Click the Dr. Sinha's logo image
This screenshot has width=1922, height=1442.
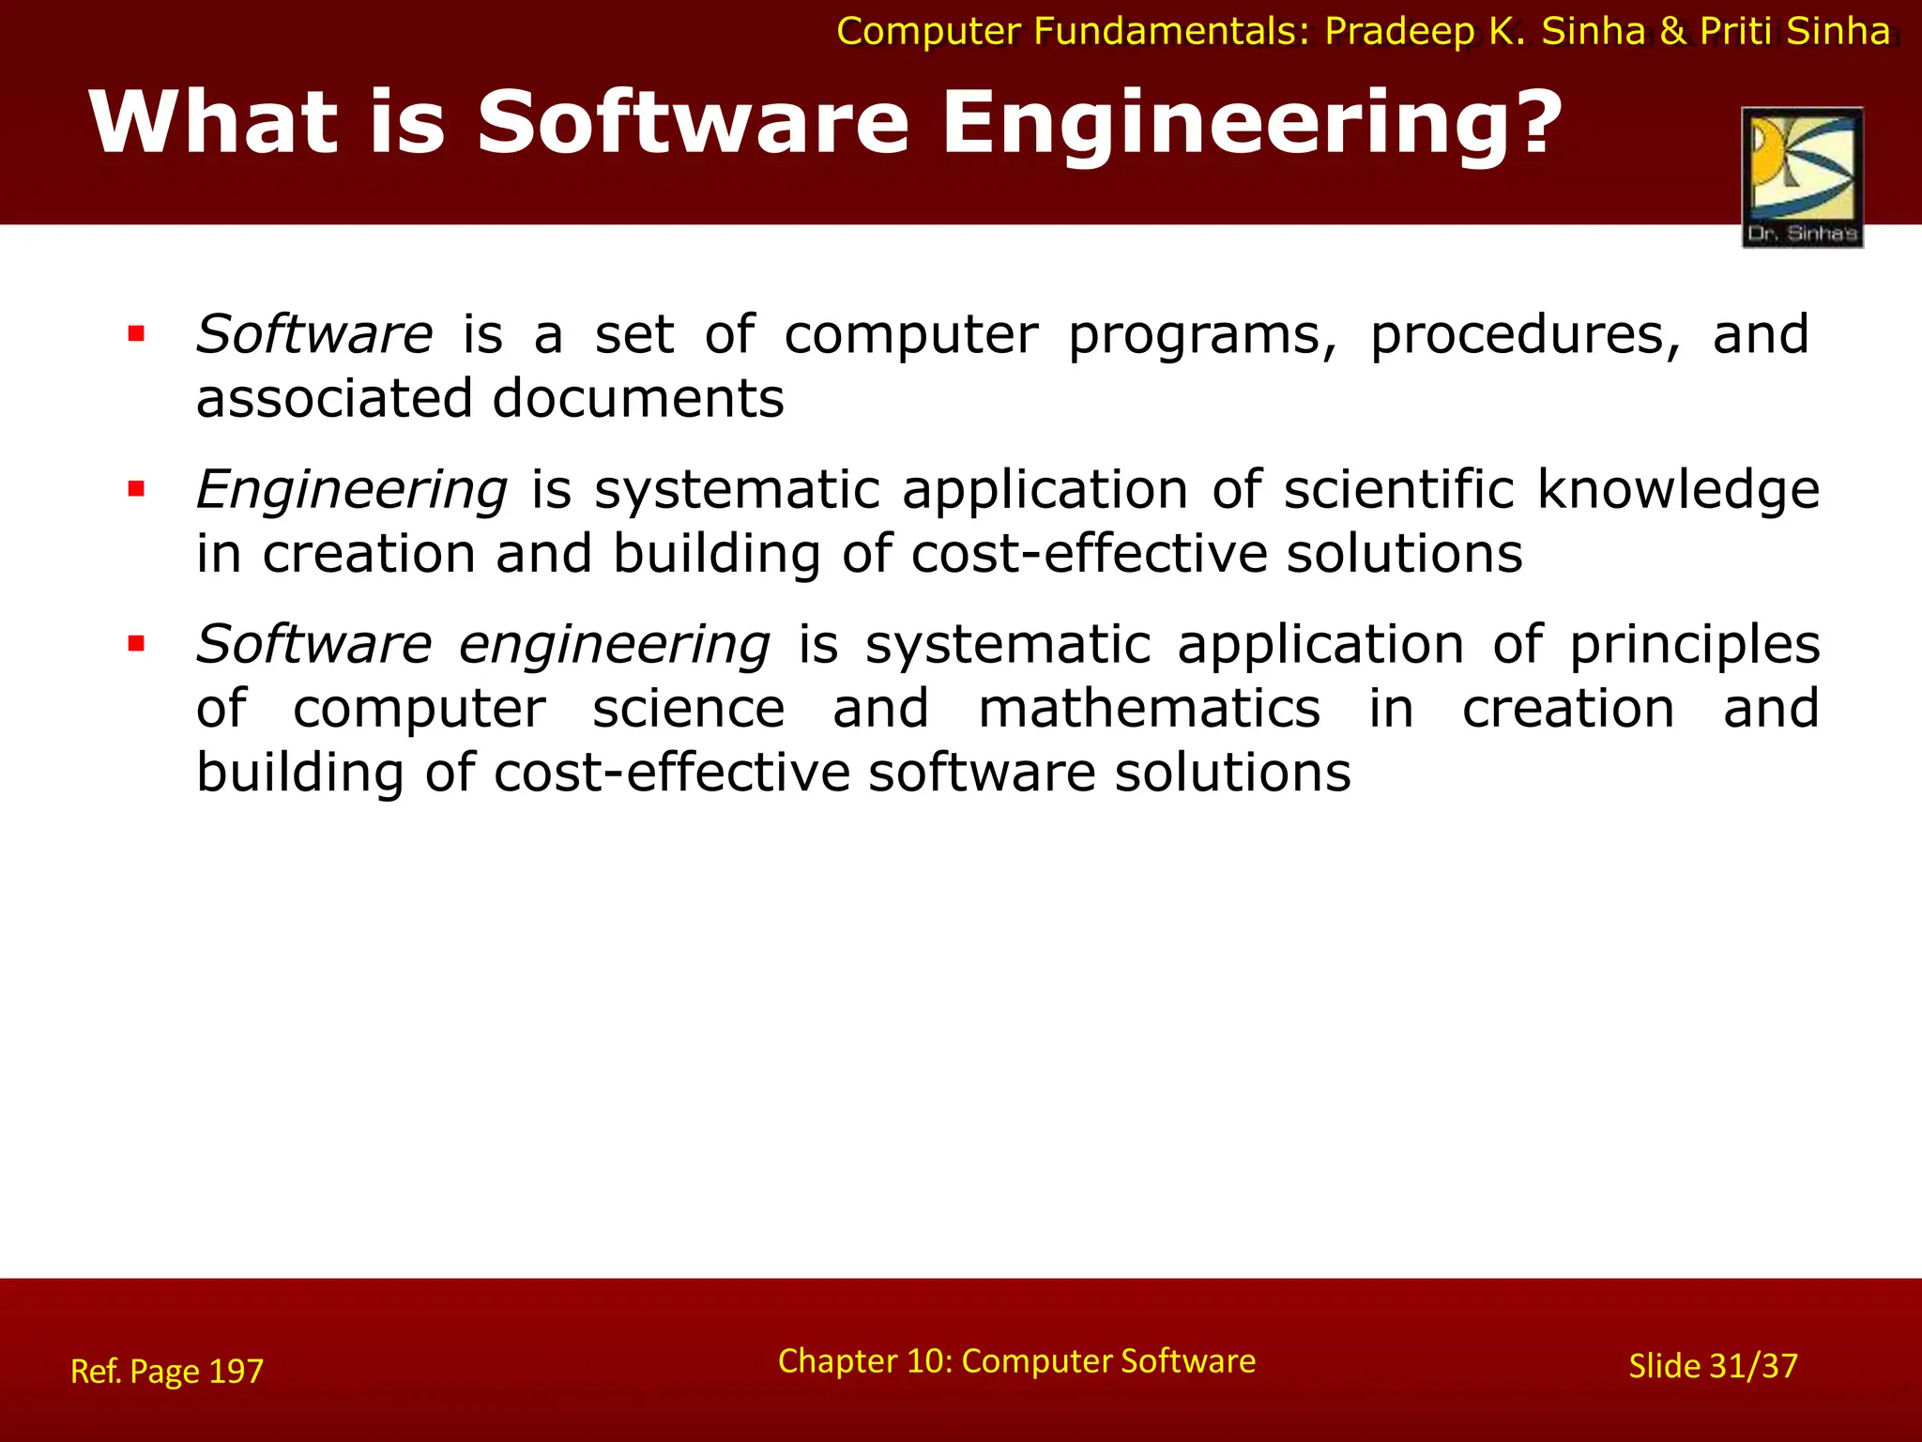point(1802,176)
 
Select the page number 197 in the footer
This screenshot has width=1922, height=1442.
point(236,1372)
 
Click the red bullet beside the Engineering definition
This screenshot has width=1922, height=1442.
point(137,489)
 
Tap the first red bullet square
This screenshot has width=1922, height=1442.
point(137,333)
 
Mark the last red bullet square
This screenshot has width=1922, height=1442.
point(137,644)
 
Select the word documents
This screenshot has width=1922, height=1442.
point(638,398)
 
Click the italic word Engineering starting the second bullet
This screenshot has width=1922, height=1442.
point(352,491)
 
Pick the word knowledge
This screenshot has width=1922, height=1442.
point(1678,491)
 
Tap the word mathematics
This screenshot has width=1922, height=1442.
point(1149,709)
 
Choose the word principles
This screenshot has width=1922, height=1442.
point(1694,647)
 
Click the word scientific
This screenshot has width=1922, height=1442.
point(1398,490)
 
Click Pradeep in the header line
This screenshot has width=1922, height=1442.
point(1399,33)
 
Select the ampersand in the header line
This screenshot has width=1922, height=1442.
point(1672,32)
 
